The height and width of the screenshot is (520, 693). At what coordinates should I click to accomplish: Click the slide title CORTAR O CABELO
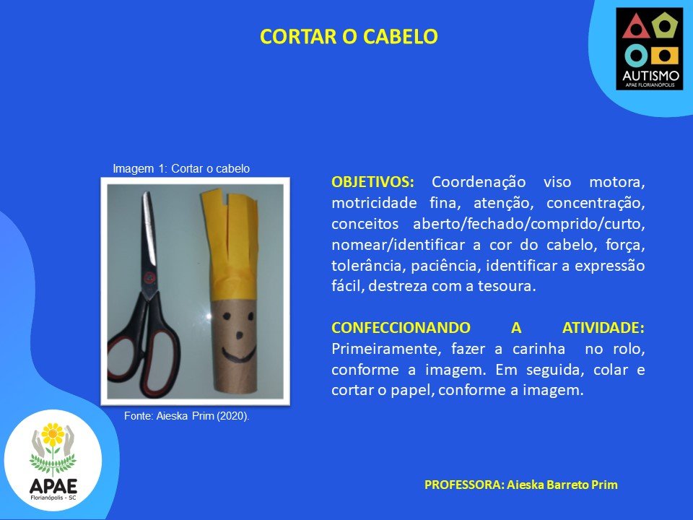point(349,36)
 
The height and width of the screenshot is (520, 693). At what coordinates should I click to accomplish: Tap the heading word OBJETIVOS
point(372,182)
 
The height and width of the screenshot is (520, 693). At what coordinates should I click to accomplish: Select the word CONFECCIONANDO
point(401,328)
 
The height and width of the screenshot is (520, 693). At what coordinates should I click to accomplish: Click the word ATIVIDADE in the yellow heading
point(603,328)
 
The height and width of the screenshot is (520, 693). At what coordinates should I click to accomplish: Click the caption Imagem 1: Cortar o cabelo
point(181,168)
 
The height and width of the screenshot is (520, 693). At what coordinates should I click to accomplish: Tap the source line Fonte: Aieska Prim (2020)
point(186,416)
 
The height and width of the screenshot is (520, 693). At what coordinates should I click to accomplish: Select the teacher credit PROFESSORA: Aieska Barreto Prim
point(521,485)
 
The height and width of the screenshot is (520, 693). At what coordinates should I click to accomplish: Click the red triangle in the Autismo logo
point(635,27)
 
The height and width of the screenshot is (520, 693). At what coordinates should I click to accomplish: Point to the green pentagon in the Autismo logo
point(665,27)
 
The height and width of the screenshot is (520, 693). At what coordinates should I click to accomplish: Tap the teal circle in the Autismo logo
point(635,56)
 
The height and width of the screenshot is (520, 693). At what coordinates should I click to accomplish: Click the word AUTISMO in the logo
point(650,76)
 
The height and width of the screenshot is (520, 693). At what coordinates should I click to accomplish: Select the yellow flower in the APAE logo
point(53,434)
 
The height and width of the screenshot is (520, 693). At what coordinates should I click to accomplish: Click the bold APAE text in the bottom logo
point(53,486)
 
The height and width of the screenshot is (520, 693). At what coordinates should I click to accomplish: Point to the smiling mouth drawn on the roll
point(239,353)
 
